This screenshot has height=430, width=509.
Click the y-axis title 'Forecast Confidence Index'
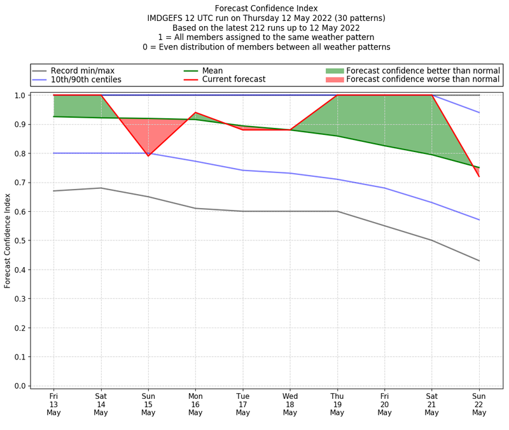pyautogui.click(x=8, y=241)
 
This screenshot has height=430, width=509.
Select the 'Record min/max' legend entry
pyautogui.click(x=82, y=71)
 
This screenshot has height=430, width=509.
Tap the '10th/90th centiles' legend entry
pyautogui.click(x=86, y=80)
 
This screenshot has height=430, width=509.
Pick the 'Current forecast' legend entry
pyautogui.click(x=234, y=80)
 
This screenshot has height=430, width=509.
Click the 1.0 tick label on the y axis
pyautogui.click(x=20, y=95)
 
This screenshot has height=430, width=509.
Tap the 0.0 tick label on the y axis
pyautogui.click(x=20, y=386)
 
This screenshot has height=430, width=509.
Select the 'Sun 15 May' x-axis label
pyautogui.click(x=148, y=404)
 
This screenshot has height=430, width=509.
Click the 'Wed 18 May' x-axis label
pyautogui.click(x=290, y=404)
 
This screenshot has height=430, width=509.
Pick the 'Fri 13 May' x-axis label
pyautogui.click(x=53, y=404)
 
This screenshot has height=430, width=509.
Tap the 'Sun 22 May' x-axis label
pyautogui.click(x=479, y=404)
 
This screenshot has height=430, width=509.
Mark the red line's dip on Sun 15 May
pyautogui.click(x=148, y=156)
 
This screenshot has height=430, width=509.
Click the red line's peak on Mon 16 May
pyautogui.click(x=195, y=113)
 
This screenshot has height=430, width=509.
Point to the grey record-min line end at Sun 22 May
pyautogui.click(x=479, y=261)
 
